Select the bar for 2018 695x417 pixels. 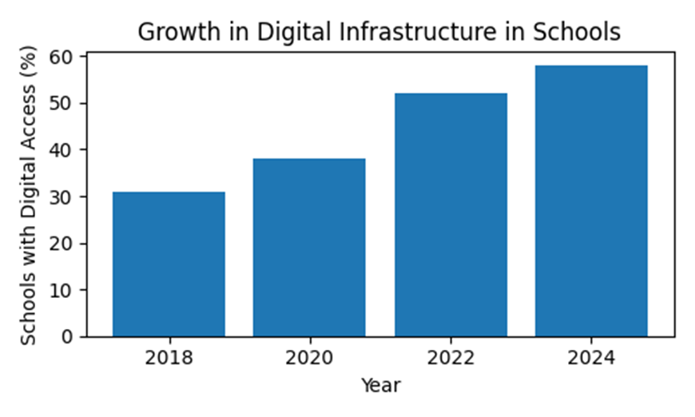point(169,264)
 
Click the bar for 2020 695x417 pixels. point(309,248)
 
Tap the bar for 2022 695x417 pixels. point(451,215)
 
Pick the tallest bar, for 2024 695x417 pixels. point(591,201)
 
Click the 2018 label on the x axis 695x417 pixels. point(169,358)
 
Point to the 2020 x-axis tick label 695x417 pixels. point(309,358)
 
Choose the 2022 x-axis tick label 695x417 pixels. point(451,358)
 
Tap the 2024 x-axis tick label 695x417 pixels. point(591,358)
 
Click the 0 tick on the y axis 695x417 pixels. point(67,337)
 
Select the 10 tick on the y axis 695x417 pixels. point(62,290)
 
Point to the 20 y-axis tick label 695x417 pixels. point(62,244)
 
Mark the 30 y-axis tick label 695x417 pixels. point(62,197)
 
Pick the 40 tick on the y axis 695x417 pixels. point(62,149)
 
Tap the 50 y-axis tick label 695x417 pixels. point(62,103)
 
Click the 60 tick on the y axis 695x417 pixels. point(62,57)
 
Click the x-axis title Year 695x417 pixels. point(381,385)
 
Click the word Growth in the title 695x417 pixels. point(179,32)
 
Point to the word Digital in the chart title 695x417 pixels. point(294,33)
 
